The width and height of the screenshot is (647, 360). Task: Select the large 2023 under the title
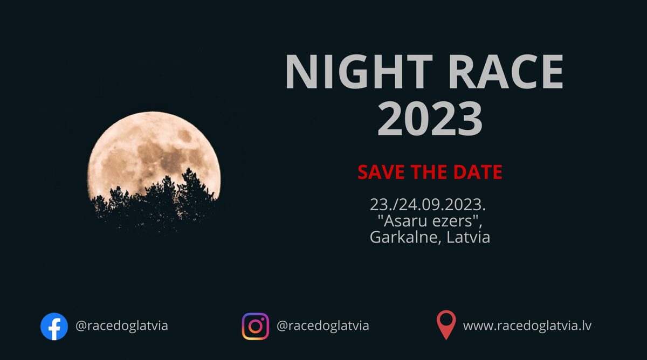430,119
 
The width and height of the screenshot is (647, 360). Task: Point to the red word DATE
478,172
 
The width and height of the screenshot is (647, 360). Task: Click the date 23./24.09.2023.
428,204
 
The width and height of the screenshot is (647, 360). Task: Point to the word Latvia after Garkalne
468,237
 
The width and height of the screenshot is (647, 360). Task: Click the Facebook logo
54,326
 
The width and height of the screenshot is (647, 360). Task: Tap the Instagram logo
256,326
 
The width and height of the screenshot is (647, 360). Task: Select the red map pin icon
446,325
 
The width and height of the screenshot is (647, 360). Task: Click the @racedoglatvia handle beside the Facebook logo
122,326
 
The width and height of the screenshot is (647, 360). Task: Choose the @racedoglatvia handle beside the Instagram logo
322,326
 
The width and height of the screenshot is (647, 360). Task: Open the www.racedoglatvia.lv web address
527,326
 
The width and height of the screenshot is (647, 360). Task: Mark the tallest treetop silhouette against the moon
189,170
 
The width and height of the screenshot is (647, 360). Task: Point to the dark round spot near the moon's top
184,135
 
